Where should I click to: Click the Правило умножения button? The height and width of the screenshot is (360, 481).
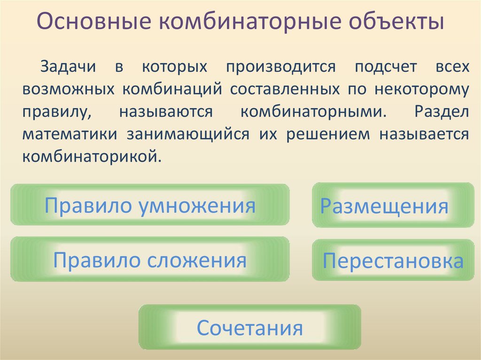150,206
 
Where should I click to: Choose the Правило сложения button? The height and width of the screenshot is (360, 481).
150,260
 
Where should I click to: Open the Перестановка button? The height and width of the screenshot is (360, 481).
393,261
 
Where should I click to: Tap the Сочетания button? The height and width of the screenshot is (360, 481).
249,327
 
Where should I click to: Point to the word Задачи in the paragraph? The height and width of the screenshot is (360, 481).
68,66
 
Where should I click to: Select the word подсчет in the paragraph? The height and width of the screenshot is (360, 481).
386,66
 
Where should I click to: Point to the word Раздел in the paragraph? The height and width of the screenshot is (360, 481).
442,111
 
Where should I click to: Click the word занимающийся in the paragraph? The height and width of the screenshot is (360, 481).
187,133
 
